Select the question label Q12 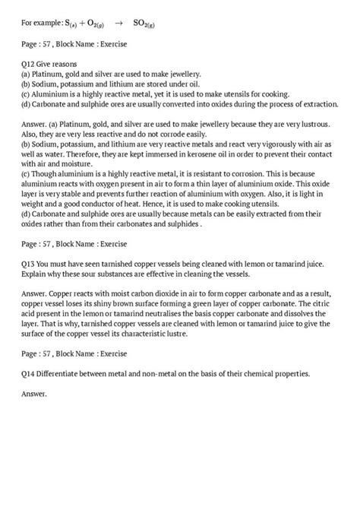click(x=30, y=66)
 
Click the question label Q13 click(x=30, y=261)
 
